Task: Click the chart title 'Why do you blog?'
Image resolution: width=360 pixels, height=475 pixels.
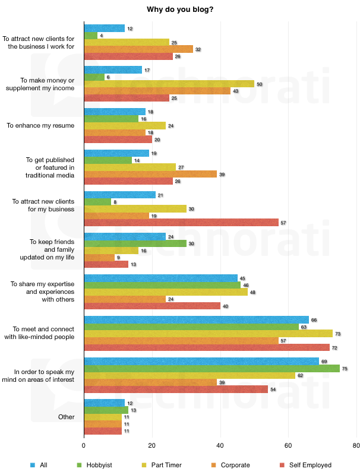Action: coord(179,9)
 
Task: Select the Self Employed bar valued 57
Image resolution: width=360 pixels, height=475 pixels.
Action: coord(181,223)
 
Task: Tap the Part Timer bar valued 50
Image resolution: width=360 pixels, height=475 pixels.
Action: coord(169,84)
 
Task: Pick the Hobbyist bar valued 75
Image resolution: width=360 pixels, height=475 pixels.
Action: coord(212,368)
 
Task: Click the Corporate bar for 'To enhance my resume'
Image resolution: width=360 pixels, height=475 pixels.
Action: coord(115,132)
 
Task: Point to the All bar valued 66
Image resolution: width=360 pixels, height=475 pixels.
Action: coord(197,319)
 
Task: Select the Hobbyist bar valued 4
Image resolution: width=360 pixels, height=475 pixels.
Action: coord(91,36)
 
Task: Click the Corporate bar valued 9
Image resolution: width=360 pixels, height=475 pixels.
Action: coord(99,257)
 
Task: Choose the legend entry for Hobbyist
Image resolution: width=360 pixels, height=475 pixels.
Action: coord(99,465)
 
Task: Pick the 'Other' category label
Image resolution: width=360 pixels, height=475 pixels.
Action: coord(67,417)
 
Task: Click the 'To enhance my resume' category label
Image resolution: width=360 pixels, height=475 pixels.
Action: coord(40,125)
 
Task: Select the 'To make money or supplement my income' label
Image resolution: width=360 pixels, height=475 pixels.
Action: coord(40,84)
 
